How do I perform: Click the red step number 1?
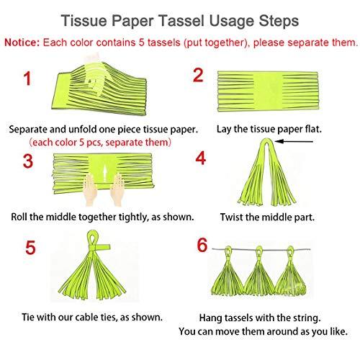click(x=27, y=80)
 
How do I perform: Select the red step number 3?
click(x=28, y=162)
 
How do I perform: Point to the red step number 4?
click(x=201, y=158)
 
